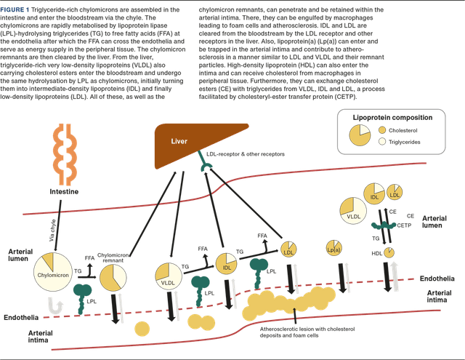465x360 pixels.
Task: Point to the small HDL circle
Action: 390,252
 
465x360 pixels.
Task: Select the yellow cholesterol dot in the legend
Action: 383,130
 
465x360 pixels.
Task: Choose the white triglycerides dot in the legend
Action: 383,141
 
